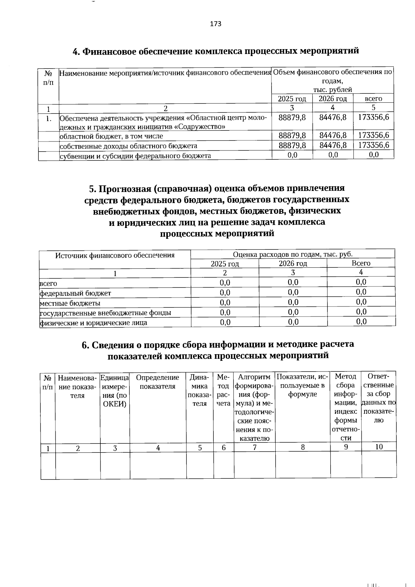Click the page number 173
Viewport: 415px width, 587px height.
click(x=215, y=24)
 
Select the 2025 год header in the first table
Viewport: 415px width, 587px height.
click(x=292, y=99)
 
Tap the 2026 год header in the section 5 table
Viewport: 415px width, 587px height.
click(x=293, y=264)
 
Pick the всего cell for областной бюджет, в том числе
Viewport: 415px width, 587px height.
click(x=373, y=135)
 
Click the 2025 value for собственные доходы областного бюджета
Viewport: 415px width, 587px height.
click(x=292, y=145)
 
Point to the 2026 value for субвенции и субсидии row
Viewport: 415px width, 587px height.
click(x=333, y=155)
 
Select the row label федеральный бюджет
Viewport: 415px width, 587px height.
click(x=75, y=293)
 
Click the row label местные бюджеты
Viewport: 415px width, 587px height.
click(x=70, y=303)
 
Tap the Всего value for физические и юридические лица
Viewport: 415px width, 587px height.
click(x=361, y=322)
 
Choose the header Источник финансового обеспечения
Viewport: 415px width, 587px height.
click(x=115, y=256)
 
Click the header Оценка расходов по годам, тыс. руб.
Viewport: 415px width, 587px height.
click(x=293, y=254)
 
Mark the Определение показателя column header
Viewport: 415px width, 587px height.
click(x=158, y=382)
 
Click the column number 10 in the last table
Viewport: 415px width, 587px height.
click(x=379, y=447)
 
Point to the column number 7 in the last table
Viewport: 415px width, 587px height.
click(x=255, y=447)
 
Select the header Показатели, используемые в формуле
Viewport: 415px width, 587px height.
click(x=303, y=385)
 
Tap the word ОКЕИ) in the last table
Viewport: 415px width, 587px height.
click(x=115, y=404)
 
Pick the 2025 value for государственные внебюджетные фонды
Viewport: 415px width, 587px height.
click(x=225, y=313)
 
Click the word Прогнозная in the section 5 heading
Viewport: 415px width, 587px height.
click(x=125, y=189)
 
